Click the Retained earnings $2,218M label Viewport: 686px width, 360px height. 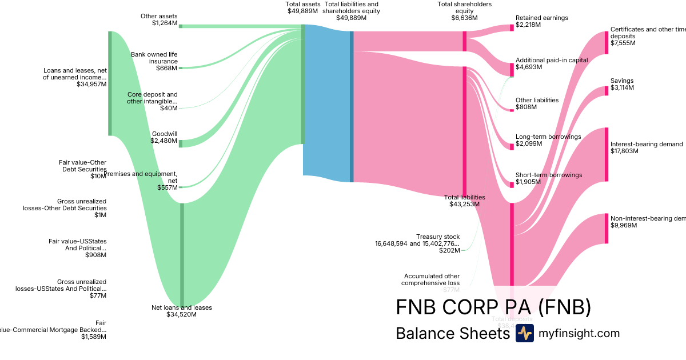click(x=541, y=21)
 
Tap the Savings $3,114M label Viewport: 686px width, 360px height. click(x=622, y=84)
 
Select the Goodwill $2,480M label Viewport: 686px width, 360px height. click(x=164, y=137)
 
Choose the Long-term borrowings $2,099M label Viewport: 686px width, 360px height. click(x=548, y=140)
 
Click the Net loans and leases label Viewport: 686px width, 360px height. click(x=181, y=311)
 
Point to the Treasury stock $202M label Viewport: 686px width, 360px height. click(x=421, y=243)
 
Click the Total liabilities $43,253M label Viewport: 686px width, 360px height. click(x=464, y=201)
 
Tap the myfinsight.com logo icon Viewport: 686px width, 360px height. click(x=524, y=333)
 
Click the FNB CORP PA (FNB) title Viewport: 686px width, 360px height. click(x=493, y=307)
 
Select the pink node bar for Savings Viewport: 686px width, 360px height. click(x=607, y=91)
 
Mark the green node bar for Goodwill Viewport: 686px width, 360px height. click(x=181, y=143)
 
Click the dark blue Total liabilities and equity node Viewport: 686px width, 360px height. click(x=352, y=106)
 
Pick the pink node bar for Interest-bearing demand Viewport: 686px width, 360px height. click(x=607, y=154)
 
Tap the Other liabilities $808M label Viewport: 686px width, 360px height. click(x=537, y=103)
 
